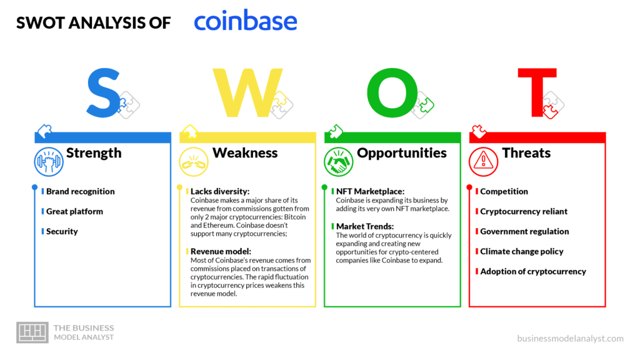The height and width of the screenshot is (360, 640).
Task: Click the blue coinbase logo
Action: (x=245, y=21)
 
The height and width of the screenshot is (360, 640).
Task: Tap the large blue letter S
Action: (x=104, y=93)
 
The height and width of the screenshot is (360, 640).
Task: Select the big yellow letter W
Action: (x=247, y=92)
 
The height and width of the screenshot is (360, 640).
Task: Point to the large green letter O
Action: (x=392, y=92)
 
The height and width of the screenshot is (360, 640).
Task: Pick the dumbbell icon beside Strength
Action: (x=49, y=162)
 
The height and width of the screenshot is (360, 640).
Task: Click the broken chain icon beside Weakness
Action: (x=194, y=162)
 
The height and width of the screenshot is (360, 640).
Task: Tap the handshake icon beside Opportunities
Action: (x=338, y=162)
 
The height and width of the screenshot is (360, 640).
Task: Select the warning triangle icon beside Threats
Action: (x=483, y=162)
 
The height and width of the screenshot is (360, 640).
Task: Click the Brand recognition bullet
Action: (x=81, y=191)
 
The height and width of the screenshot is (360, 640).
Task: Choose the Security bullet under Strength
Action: (x=62, y=231)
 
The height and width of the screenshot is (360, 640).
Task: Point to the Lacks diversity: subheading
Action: (x=219, y=191)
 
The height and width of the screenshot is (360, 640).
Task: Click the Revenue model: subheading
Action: (x=221, y=251)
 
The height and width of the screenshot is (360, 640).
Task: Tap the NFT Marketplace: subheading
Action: (x=370, y=191)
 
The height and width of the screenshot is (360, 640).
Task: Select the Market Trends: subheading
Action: (x=365, y=226)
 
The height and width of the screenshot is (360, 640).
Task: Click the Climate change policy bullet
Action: (x=522, y=251)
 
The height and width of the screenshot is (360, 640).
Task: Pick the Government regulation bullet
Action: (x=524, y=231)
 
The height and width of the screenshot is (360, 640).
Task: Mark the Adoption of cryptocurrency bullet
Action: (x=533, y=271)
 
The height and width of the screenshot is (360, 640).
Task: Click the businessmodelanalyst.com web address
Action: (x=570, y=338)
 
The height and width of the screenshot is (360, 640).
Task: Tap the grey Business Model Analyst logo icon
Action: (x=32, y=332)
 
